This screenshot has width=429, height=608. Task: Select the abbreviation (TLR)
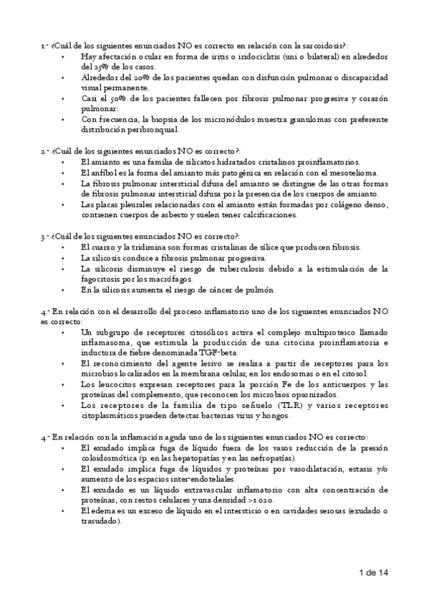[276, 406]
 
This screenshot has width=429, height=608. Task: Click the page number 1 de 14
[373, 573]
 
